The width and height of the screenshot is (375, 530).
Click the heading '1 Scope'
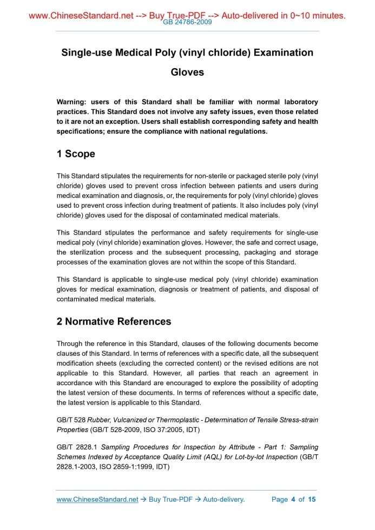pos(76,154)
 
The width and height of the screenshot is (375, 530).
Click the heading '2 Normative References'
pos(114,322)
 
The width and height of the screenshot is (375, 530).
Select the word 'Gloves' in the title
pos(187,72)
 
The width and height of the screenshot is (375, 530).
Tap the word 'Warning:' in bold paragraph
pos(72,102)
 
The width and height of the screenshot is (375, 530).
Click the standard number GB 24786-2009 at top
pos(187,23)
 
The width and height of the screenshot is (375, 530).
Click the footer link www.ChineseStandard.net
pos(97,500)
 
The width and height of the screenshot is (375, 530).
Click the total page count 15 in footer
pos(312,500)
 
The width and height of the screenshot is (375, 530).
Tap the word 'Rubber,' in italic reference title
pos(101,419)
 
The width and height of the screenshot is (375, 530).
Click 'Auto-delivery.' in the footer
pos(224,500)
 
